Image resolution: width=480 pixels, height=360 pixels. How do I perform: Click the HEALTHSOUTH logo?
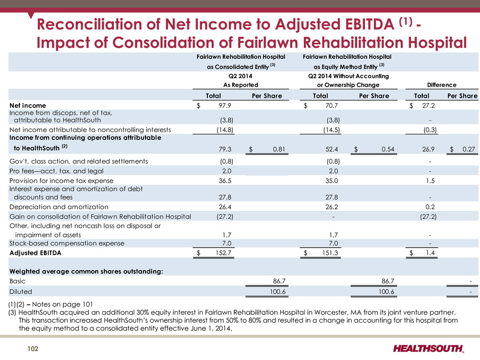428,349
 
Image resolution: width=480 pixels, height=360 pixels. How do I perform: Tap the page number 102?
33,349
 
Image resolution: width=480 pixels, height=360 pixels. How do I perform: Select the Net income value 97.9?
225,106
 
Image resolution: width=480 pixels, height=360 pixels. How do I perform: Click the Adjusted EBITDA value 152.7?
224,253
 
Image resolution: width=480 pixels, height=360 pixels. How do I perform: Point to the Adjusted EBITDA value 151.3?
330,253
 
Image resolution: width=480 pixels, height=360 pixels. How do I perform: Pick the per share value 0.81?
279,149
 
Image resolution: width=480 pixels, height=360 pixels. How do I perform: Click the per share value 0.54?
388,149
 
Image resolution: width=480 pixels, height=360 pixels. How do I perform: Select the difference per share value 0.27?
469,149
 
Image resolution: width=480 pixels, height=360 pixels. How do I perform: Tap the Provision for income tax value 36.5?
225,181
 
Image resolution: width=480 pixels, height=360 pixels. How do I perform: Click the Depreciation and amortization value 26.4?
225,207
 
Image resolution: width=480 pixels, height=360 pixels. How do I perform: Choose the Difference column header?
442,85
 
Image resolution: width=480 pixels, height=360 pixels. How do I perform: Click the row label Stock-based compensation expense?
67,244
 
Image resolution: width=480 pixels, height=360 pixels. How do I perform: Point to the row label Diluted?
20,292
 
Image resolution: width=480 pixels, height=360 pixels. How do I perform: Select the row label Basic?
17,281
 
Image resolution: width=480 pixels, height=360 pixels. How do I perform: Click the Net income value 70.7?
332,106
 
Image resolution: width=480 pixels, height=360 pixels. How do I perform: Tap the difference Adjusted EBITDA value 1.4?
430,253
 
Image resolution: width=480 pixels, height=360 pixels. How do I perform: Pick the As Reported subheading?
241,85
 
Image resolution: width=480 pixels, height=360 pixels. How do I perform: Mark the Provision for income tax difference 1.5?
430,181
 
